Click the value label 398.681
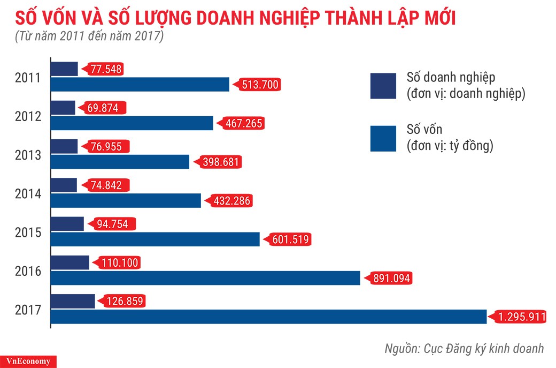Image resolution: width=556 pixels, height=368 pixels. [219, 162]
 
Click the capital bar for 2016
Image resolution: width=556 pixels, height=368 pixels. [206, 278]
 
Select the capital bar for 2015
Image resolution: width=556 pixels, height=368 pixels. [155, 239]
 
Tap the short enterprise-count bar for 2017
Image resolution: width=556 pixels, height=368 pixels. [73, 301]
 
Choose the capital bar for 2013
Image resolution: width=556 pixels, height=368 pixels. [120, 162]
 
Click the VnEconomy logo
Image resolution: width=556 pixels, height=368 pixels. [28, 361]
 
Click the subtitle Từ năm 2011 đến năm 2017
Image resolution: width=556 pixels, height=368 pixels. [89, 37]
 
